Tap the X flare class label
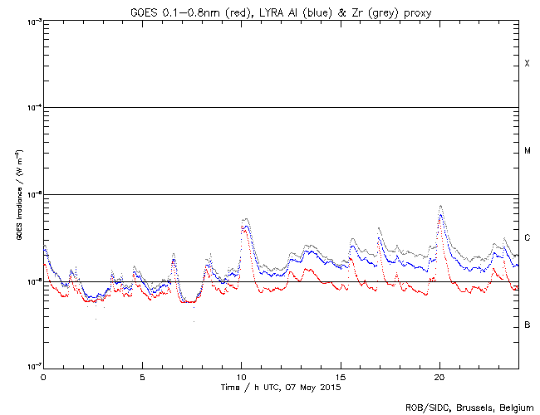[x=527, y=64]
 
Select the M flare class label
[x=527, y=151]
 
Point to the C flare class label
[x=527, y=238]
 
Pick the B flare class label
[x=527, y=325]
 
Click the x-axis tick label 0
[x=43, y=376]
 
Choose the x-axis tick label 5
[x=142, y=376]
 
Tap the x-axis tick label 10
[x=241, y=376]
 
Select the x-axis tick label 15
[x=341, y=376]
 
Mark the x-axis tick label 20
[x=439, y=376]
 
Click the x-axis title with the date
[x=281, y=387]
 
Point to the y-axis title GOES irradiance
[x=18, y=194]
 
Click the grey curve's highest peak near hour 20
[x=440, y=206]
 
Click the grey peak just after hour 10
[x=245, y=219]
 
